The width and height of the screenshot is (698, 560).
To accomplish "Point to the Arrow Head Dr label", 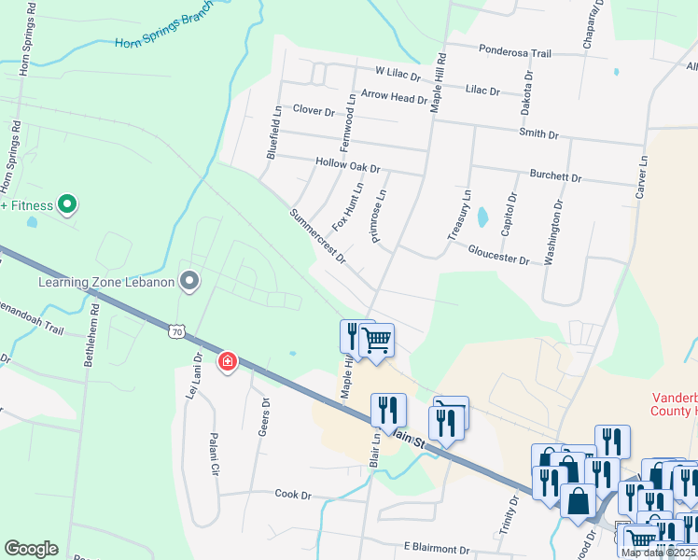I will click(393, 96).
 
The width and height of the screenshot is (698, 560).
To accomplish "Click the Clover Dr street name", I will click(314, 110).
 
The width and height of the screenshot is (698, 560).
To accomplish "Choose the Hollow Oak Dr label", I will click(348, 166).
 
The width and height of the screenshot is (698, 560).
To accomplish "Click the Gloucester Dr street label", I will click(498, 255).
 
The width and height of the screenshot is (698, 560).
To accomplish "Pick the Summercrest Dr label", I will click(317, 235).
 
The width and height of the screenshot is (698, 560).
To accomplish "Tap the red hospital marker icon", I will click(227, 361).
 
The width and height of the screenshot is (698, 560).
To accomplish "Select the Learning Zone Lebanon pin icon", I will click(189, 280).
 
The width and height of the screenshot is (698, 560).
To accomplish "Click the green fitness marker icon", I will click(66, 203).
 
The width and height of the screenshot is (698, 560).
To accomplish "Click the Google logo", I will click(31, 549).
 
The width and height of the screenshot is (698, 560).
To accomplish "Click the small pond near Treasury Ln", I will click(482, 217).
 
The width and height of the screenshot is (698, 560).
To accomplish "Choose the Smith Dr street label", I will click(538, 134).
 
